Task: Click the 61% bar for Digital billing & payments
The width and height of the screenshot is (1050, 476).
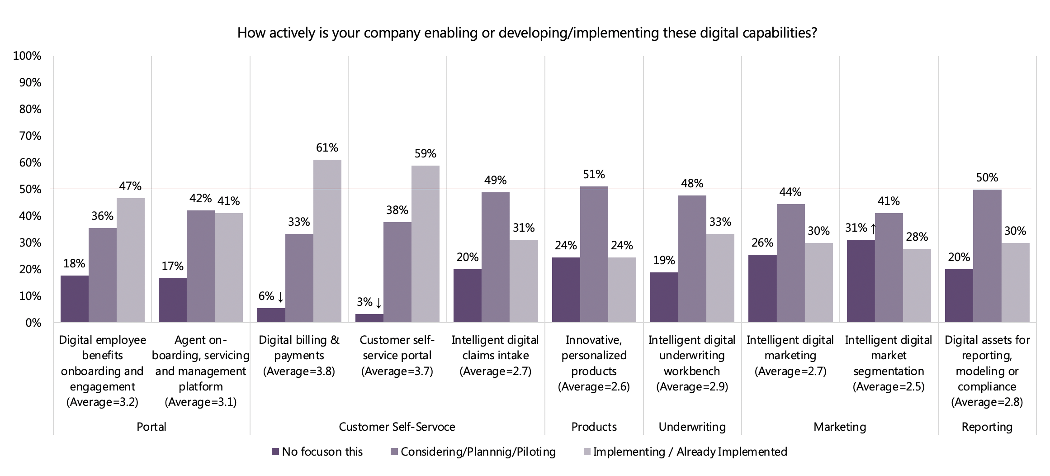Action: point(327,241)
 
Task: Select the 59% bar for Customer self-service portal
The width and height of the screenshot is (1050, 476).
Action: point(426,244)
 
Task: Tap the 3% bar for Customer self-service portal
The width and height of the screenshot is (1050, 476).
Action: point(369,318)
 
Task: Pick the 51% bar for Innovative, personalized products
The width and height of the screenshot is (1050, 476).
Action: point(594,254)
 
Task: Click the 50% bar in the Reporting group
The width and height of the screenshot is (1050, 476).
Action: point(987,256)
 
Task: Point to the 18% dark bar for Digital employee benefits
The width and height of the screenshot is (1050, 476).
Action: point(75,299)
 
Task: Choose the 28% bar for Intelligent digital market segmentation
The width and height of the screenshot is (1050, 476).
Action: point(917,286)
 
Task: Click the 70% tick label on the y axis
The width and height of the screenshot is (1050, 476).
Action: point(30,136)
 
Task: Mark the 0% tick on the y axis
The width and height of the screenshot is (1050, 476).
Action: point(33,323)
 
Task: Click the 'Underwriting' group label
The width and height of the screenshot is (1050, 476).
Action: point(692,427)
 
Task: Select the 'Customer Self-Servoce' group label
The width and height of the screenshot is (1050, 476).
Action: point(397,427)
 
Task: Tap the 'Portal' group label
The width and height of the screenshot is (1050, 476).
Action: point(151,427)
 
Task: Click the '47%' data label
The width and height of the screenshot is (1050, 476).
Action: point(130,186)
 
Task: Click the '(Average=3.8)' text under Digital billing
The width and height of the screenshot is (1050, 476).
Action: point(299,371)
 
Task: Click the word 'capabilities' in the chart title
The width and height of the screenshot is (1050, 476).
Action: point(776,33)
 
